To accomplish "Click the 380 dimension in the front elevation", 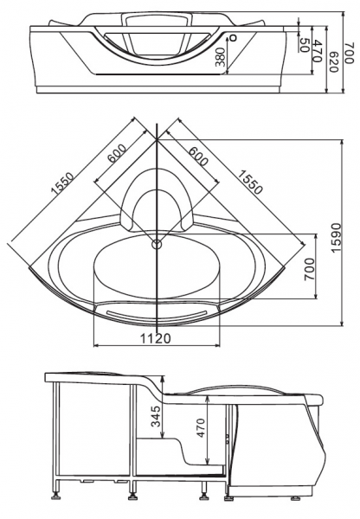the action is coord(222,57).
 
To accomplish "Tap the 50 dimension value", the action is coord(304,45).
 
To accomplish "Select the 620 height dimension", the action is coord(333,62).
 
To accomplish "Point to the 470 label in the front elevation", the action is coord(317,51).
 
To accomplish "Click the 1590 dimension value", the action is coord(336,238).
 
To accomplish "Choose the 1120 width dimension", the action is coord(156,338).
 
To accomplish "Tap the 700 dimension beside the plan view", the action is coord(309,269).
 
